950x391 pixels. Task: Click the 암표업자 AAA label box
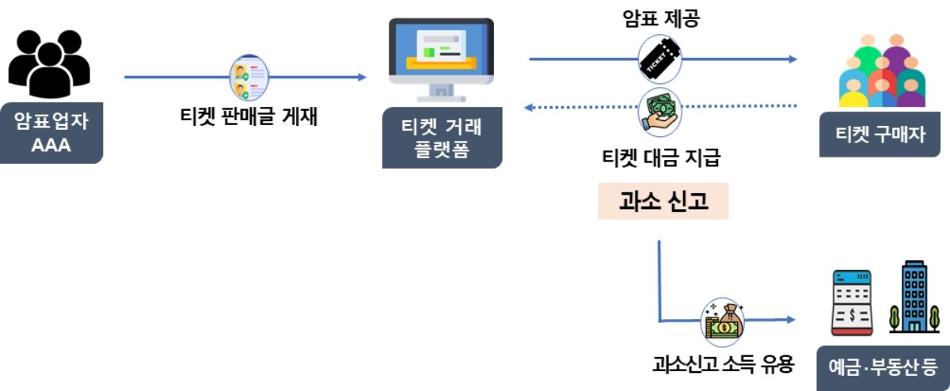(x=51, y=133)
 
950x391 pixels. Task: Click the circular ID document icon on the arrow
(x=248, y=78)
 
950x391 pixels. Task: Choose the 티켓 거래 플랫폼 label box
(x=442, y=138)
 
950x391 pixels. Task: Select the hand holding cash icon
(x=659, y=108)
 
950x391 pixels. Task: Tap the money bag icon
(x=722, y=320)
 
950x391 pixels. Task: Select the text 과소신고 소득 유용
(x=722, y=365)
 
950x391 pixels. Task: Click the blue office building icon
(x=914, y=297)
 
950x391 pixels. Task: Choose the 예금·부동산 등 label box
(x=883, y=367)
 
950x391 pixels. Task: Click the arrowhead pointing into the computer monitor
(x=363, y=77)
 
